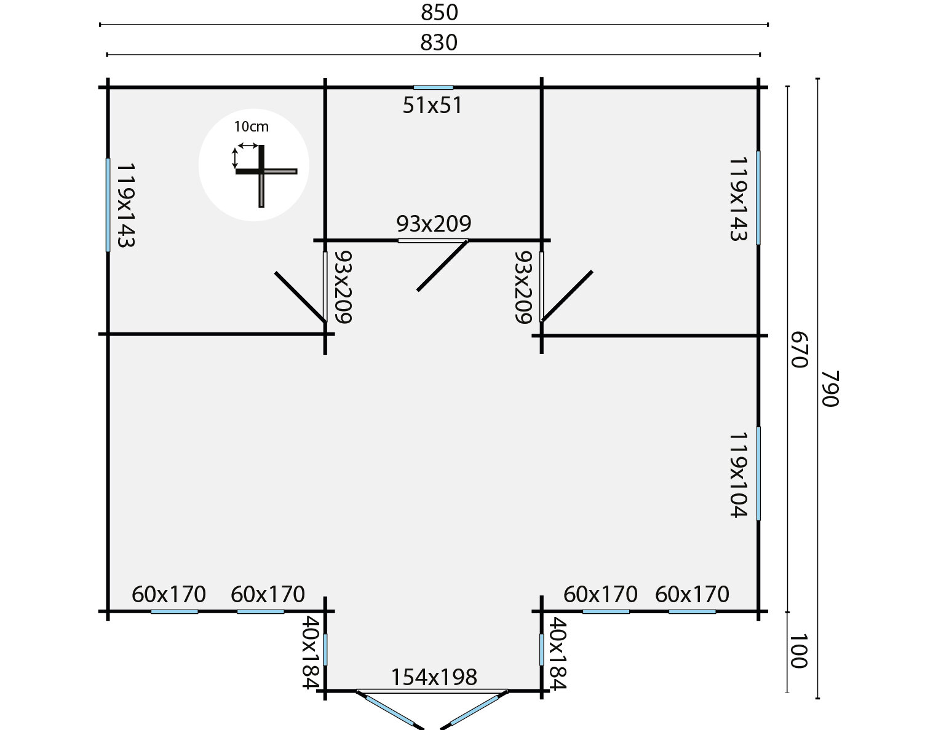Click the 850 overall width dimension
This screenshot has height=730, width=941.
coord(439,12)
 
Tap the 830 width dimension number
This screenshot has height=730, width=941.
coord(439,43)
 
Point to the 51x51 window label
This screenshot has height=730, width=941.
coord(432,106)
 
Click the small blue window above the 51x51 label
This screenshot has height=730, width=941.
coord(433,87)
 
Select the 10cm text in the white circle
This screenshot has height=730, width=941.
coord(251,127)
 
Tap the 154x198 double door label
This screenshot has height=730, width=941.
coord(434,677)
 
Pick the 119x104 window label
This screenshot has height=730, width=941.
coord(739,474)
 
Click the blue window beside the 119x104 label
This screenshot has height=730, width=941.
coord(758,474)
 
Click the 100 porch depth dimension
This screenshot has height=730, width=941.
coord(799,651)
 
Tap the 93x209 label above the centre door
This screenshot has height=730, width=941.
coord(434,224)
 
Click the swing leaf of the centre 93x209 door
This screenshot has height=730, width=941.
coord(443,265)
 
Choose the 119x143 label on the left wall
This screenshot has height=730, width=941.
coord(126,205)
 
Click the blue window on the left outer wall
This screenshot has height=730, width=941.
coord(108,205)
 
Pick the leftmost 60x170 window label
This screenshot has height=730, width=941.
coord(169,594)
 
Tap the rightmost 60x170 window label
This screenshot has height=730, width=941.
coord(692,594)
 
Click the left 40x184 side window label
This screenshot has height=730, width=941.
coord(311,653)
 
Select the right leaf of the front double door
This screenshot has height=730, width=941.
coord(474,710)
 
